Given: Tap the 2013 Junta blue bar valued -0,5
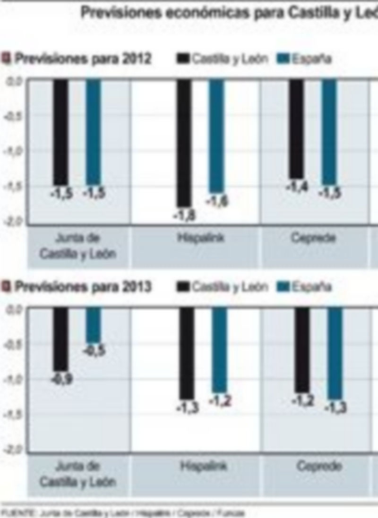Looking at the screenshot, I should (x=93, y=325).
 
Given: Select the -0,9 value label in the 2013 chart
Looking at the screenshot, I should (x=61, y=379).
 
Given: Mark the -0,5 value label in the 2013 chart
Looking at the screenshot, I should (x=94, y=351).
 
